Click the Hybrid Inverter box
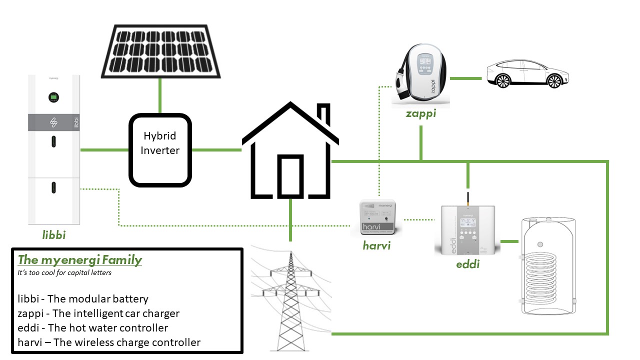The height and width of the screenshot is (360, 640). coord(160,150)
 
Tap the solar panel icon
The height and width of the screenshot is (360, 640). coord(159,50)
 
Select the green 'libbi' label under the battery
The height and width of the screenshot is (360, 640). coord(54,234)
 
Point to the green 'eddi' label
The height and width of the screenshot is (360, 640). coord(467,264)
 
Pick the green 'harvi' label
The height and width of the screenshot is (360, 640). coord(376,245)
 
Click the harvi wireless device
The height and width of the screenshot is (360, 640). coord(377,217)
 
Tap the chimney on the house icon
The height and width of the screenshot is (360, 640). coord(325,112)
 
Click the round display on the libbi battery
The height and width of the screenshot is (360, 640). coord(53,97)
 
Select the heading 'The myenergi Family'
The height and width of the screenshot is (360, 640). coord(80,260)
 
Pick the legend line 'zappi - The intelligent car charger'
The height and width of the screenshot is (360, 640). coord(98,313)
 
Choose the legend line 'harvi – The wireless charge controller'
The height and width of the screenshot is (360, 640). coord(109,342)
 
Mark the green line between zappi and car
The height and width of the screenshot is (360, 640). coord(465,78)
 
